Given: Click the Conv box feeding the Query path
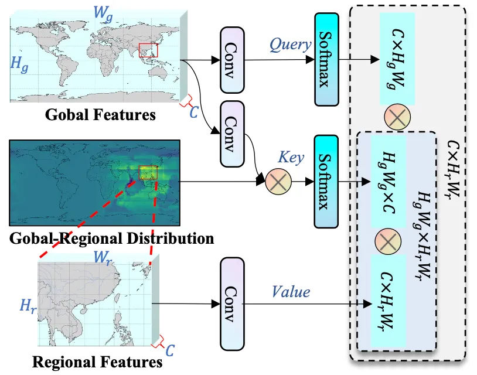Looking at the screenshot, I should point(233,59).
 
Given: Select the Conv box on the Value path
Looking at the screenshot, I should point(233,303).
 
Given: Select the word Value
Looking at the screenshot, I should point(291,291).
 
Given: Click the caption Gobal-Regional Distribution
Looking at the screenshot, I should point(111,238).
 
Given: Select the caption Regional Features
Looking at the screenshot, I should point(97,362).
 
